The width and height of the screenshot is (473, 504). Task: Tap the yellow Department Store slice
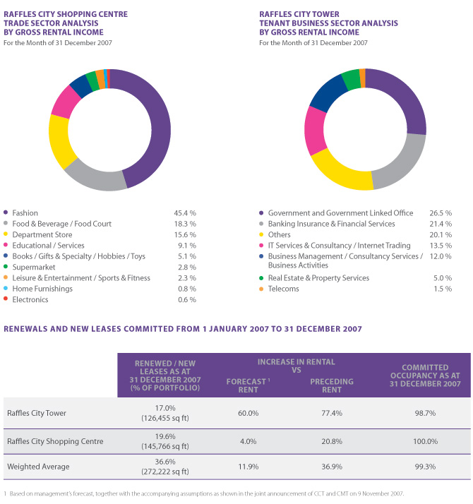[x=59, y=140]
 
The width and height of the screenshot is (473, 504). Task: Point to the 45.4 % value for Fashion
[x=185, y=212]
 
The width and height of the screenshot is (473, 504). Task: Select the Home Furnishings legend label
[x=42, y=289]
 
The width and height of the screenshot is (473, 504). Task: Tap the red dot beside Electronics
[x=6, y=299]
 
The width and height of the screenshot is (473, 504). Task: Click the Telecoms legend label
[x=284, y=289]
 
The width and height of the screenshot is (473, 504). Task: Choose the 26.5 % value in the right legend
[x=441, y=212]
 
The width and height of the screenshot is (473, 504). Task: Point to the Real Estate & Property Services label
[x=318, y=278]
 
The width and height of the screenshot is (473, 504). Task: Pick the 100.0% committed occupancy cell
[x=426, y=441]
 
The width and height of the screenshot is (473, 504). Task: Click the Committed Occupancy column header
[x=426, y=376]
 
